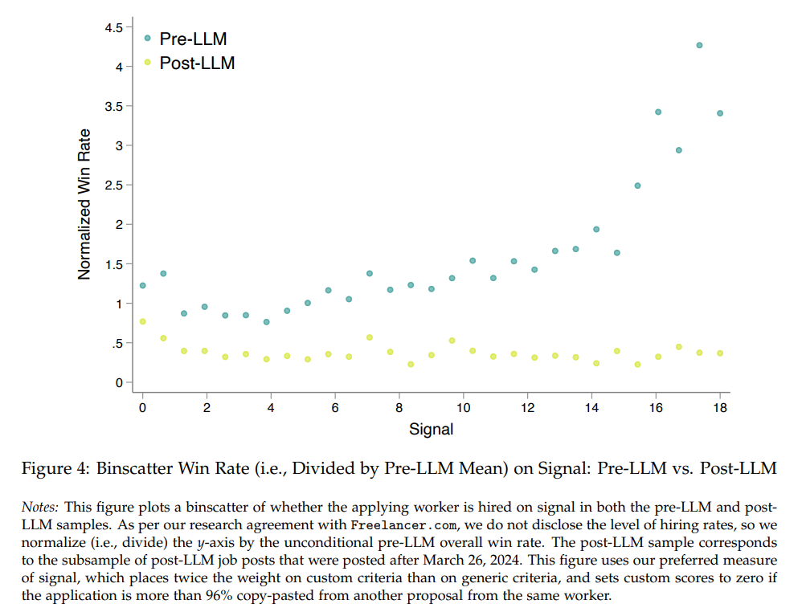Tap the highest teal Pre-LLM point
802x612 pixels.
tap(699, 45)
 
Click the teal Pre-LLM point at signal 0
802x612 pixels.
tap(143, 285)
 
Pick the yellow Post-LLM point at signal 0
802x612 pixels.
tap(143, 321)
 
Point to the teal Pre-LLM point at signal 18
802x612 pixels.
tap(720, 113)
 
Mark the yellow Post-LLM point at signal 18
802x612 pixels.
tap(720, 353)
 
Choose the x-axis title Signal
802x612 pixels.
tap(431, 429)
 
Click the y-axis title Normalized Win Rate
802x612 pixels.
tap(84, 204)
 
